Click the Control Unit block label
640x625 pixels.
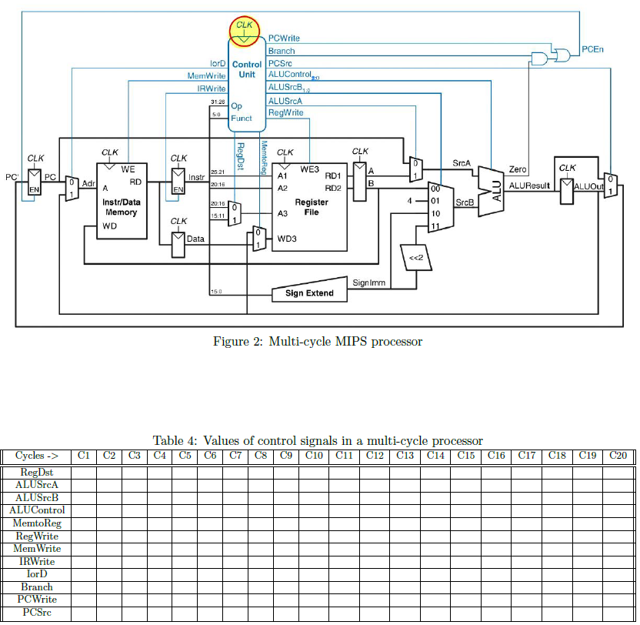point(247,69)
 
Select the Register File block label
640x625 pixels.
point(312,206)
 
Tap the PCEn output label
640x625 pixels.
point(592,50)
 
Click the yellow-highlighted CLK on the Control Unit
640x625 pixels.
point(245,31)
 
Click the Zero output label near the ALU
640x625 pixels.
point(518,169)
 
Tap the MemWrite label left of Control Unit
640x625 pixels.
point(206,75)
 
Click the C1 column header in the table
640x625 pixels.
point(85,456)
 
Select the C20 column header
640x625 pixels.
point(618,456)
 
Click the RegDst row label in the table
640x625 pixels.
point(36,472)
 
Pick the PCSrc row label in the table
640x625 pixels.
point(36,613)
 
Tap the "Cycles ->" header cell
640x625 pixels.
point(36,456)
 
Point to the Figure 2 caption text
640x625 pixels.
point(317,342)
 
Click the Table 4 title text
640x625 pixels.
point(317,440)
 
